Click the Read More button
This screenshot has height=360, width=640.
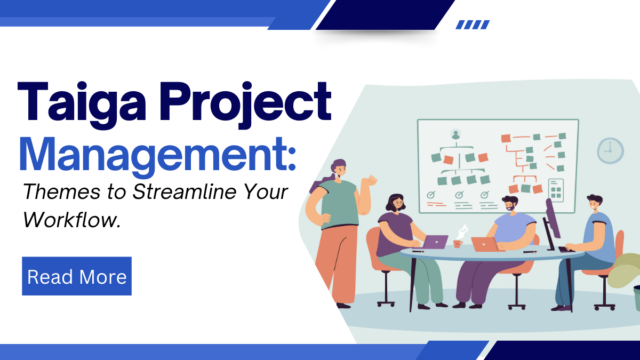tap(77, 276)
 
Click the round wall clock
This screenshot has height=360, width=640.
tap(610, 150)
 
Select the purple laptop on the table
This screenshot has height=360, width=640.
tap(436, 242)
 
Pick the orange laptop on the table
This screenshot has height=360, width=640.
tap(484, 244)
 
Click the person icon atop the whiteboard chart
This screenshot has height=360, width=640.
tap(455, 134)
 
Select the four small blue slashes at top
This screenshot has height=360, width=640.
tap(473, 25)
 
